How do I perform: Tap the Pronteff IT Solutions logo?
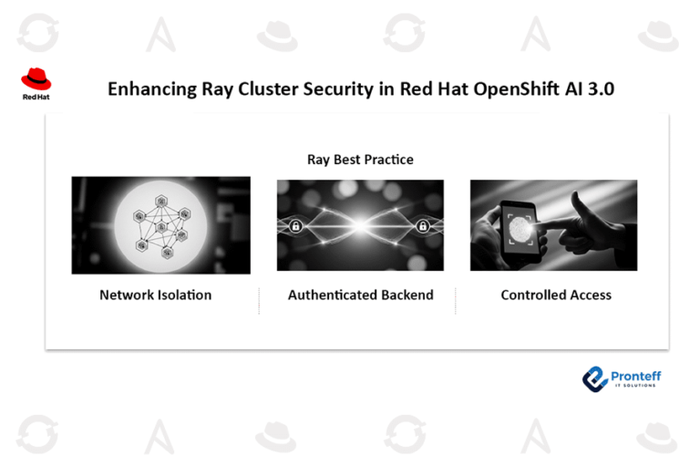coord(622,379)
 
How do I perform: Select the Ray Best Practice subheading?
coord(360,160)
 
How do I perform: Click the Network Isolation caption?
coord(155,295)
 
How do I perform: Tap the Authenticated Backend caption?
coord(360,295)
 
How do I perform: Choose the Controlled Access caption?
coord(556,295)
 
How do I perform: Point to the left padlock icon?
coord(295,226)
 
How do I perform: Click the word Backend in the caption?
coord(406,295)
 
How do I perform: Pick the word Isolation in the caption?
coord(183,295)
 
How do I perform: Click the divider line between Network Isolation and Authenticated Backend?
coord(259,301)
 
